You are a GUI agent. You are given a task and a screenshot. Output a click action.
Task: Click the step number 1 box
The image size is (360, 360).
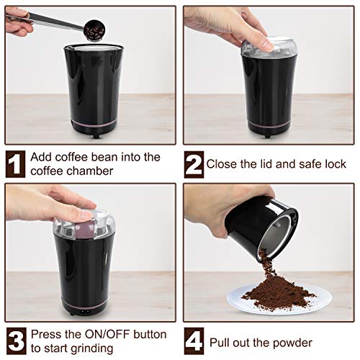click(x=17, y=163)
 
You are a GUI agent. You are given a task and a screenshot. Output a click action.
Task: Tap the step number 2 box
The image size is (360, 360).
click(x=193, y=163)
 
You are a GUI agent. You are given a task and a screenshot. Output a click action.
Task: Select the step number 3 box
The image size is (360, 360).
click(x=17, y=340)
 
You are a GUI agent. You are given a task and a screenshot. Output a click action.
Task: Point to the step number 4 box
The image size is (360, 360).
click(x=193, y=340)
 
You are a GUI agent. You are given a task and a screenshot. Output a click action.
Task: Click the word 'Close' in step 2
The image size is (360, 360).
click(x=222, y=163)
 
